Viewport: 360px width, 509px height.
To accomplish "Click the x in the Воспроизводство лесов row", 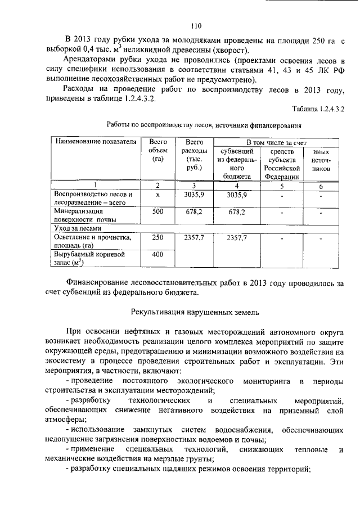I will click(x=158, y=195).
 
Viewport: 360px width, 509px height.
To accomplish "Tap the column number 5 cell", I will click(x=284, y=185).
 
